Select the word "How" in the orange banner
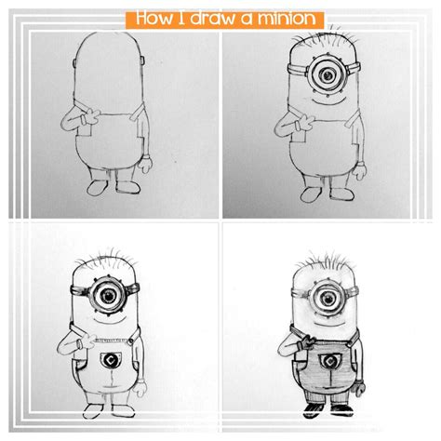coord(153,18)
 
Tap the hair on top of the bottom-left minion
coord(105,256)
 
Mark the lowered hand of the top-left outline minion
coord(144,166)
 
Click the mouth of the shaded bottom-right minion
coord(326,321)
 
